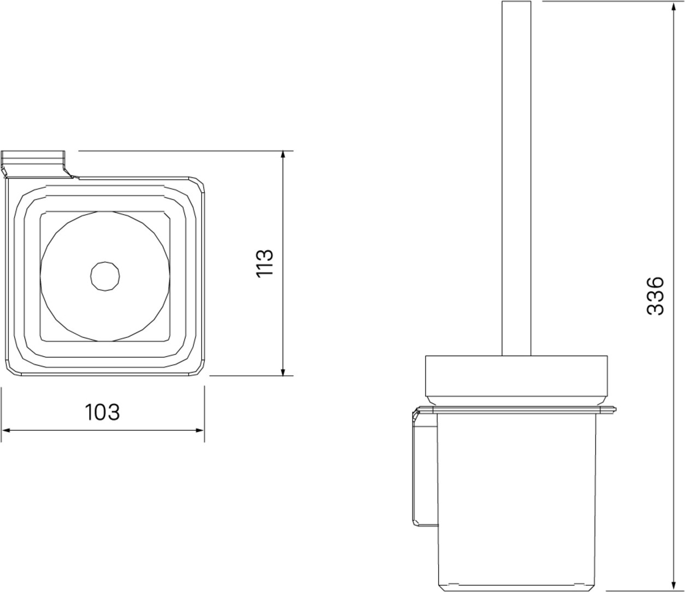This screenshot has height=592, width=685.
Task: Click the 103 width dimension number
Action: [x=102, y=412]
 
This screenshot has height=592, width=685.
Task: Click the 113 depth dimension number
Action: [x=265, y=263]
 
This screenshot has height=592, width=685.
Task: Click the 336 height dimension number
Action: [x=655, y=295]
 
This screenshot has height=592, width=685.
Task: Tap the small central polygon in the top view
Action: [x=105, y=276]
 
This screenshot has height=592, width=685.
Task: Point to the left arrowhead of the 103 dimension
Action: [x=7, y=430]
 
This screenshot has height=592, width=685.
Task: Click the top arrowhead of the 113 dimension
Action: [x=282, y=156]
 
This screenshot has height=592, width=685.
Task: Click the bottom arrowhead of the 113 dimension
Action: [x=282, y=371]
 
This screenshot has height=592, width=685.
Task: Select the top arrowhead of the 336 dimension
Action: [x=674, y=7]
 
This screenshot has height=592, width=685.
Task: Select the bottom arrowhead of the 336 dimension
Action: [x=674, y=585]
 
